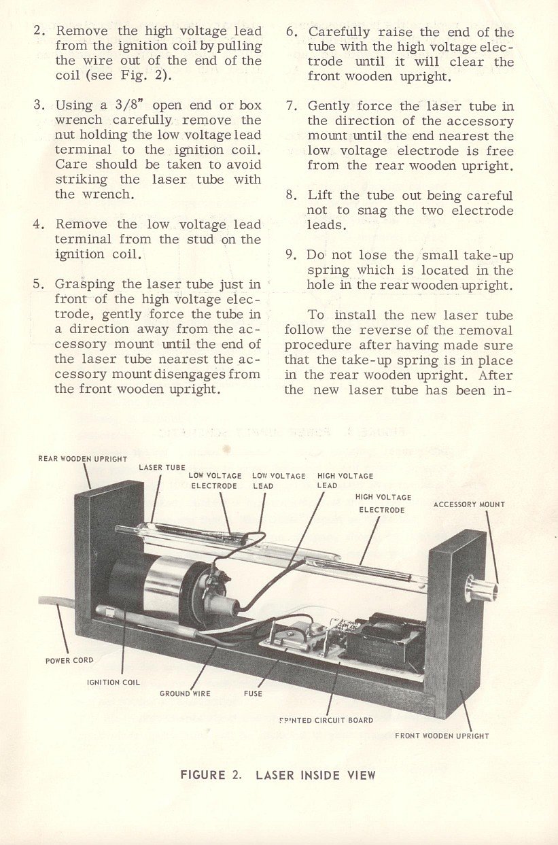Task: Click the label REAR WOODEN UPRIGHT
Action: [x=82, y=459]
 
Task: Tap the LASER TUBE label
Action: [x=162, y=468]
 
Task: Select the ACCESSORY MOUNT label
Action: [x=469, y=504]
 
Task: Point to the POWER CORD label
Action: [x=69, y=660]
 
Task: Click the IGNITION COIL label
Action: [x=114, y=682]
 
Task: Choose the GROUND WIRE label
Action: [x=185, y=693]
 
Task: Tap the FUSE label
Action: [x=253, y=693]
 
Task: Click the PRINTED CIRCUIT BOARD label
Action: [x=326, y=720]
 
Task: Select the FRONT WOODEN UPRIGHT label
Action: [x=442, y=736]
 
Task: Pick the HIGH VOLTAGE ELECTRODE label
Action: [x=383, y=503]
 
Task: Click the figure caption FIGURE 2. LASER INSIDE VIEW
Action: [x=277, y=775]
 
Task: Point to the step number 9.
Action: [x=292, y=256]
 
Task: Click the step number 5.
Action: [x=39, y=284]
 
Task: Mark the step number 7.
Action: [x=292, y=106]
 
